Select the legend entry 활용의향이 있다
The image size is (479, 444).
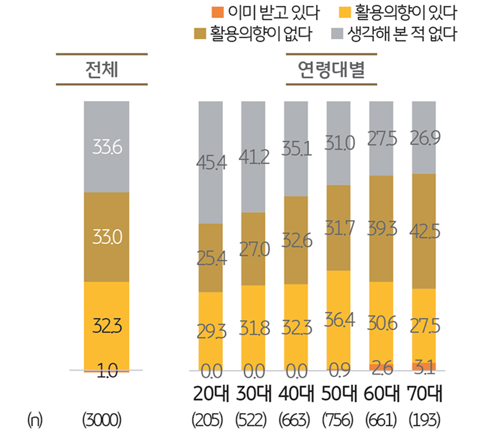(406, 12)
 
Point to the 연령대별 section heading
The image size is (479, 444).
(331, 69)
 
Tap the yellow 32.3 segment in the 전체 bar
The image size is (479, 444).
(106, 326)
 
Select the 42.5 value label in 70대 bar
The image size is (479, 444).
(424, 231)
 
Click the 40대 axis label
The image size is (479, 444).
(297, 393)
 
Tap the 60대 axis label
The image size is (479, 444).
(382, 393)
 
